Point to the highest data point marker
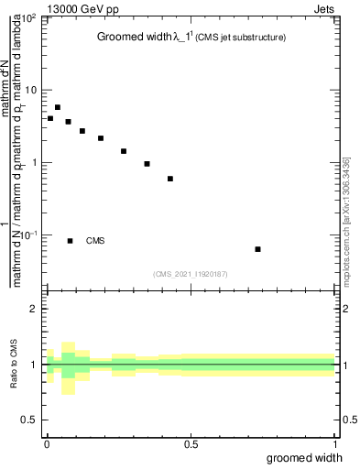click(x=58, y=107)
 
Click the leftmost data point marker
click(x=50, y=118)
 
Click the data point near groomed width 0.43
click(x=170, y=179)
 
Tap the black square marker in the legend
click(x=70, y=241)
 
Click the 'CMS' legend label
click(x=95, y=241)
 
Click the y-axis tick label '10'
click(x=32, y=91)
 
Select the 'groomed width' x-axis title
click(x=305, y=457)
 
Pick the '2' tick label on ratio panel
click(x=34, y=310)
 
